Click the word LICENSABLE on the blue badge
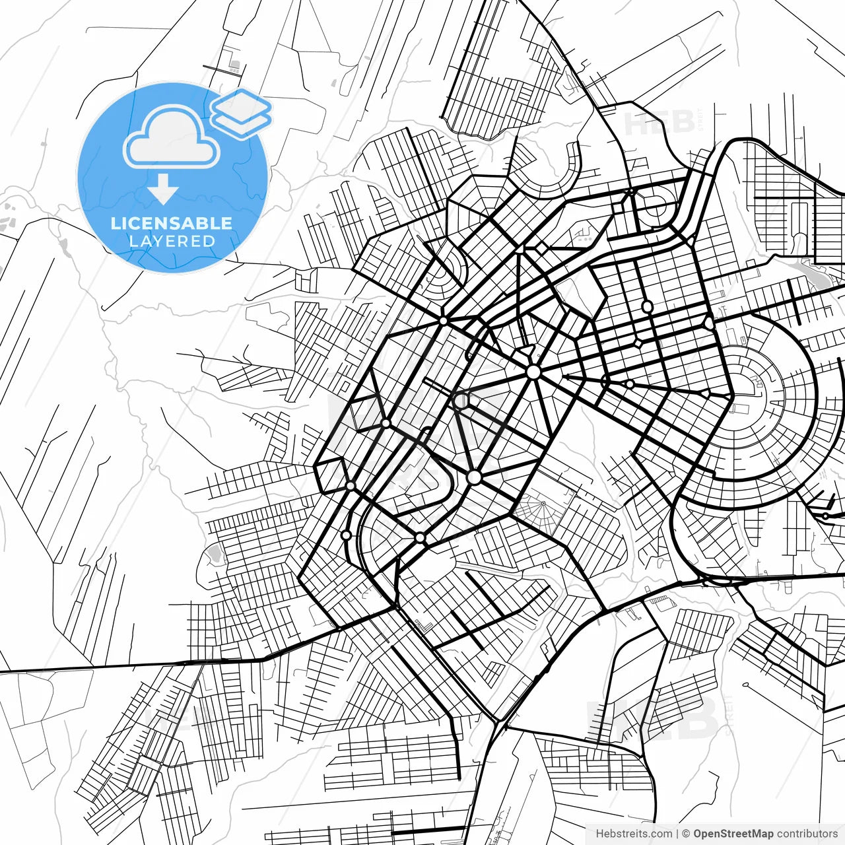pyautogui.click(x=172, y=223)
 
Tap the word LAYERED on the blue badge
pyautogui.click(x=172, y=241)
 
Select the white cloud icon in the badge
pyautogui.click(x=172, y=137)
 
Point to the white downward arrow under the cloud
pyautogui.click(x=163, y=189)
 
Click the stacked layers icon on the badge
pyautogui.click(x=242, y=112)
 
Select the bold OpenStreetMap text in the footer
pyautogui.click(x=733, y=834)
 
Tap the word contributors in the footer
pyautogui.click(x=807, y=834)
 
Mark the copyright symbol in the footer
pyautogui.click(x=686, y=834)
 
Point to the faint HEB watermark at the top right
pyautogui.click(x=660, y=123)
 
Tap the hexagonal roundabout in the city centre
pyautogui.click(x=461, y=401)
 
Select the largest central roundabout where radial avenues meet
pyautogui.click(x=533, y=372)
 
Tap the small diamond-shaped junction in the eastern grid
pyautogui.click(x=639, y=343)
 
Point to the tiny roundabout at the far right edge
pyautogui.click(x=825, y=515)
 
